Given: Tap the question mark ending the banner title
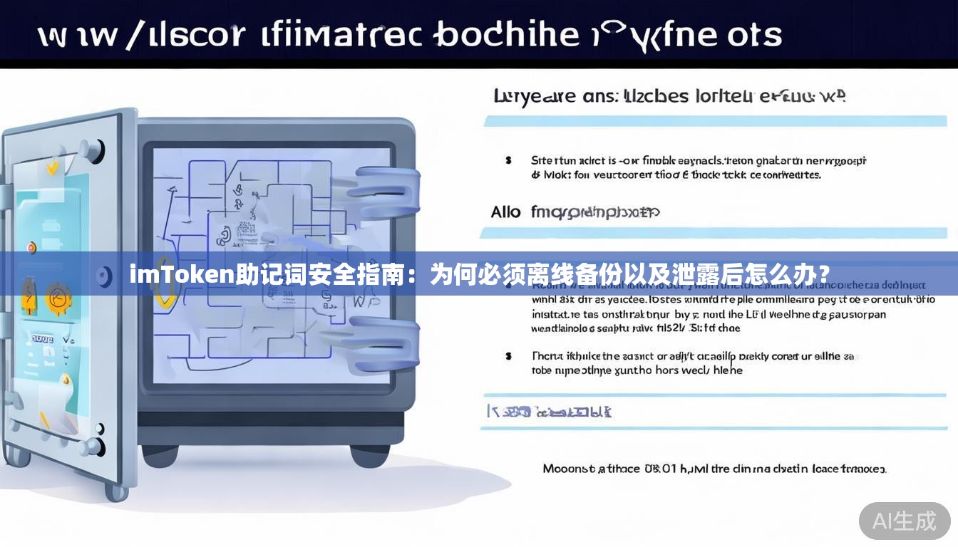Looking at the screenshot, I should pos(824,273).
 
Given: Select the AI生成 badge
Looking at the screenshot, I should pos(905,521).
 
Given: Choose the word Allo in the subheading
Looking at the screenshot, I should pos(505,212).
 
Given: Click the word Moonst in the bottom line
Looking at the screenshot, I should pos(568,469).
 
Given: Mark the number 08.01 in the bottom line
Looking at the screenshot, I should pos(661,469).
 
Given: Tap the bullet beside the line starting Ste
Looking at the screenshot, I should pos(508,160).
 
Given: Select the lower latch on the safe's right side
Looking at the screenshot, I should pos(386,346).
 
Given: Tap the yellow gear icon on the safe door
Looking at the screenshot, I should pos(57,298).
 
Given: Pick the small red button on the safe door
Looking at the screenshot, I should pos(31,247).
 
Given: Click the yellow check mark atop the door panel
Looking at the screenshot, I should pos(51,168).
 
